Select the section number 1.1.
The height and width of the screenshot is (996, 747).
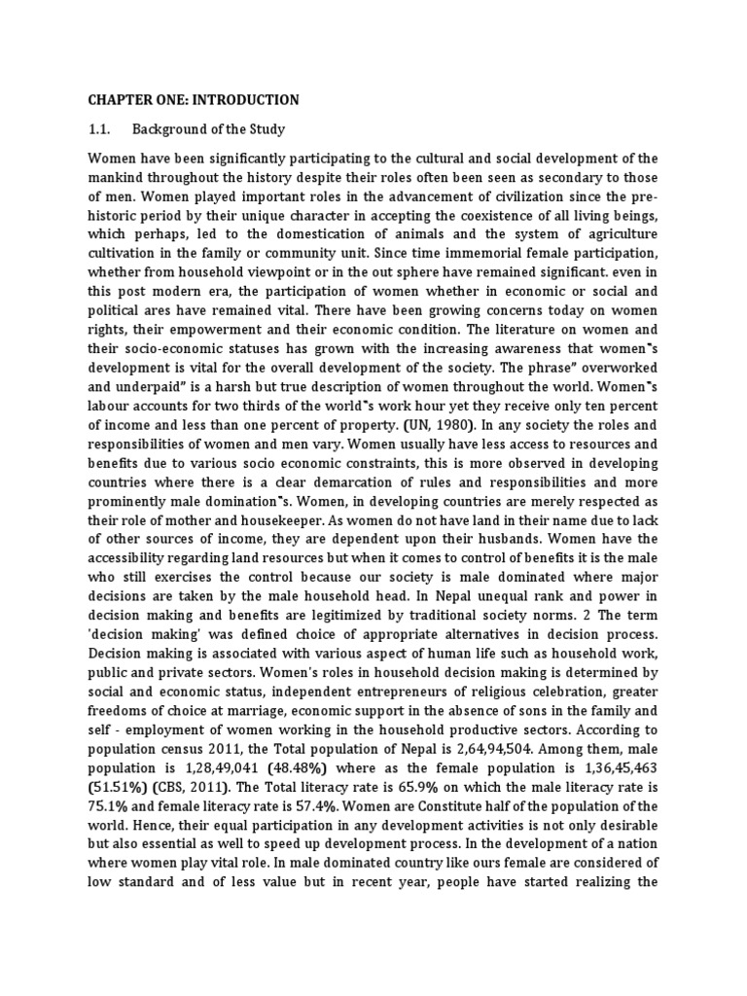[100, 128]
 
